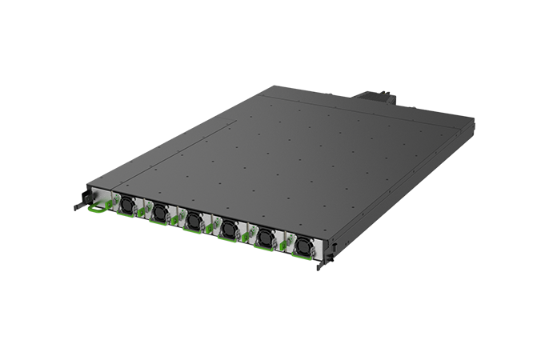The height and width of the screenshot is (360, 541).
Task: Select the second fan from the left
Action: pyautogui.click(x=160, y=212)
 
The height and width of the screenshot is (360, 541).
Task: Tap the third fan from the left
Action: pyautogui.click(x=194, y=219)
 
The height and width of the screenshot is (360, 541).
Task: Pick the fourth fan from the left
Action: pyautogui.click(x=230, y=226)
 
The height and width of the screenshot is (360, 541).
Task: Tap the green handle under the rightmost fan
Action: pyautogui.click(x=301, y=257)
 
